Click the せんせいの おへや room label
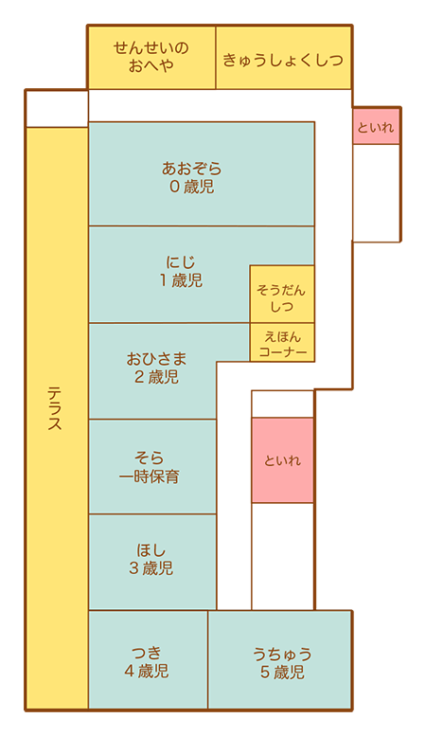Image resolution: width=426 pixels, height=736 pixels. pyautogui.click(x=151, y=56)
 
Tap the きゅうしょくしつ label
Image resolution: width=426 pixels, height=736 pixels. pyautogui.click(x=283, y=60)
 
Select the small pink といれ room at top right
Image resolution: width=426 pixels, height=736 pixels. pyautogui.click(x=376, y=126)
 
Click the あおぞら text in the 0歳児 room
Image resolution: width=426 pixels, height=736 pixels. pyautogui.click(x=191, y=168)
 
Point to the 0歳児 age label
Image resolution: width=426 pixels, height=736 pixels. pyautogui.click(x=191, y=187)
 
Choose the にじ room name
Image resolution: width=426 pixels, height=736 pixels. pyautogui.click(x=181, y=262)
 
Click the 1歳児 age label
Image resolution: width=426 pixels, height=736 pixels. pyautogui.click(x=181, y=280)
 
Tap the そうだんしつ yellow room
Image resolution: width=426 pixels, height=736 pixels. pyautogui.click(x=282, y=295)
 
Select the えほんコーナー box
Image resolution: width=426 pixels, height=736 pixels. pyautogui.click(x=282, y=343)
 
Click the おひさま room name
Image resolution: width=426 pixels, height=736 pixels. pyautogui.click(x=156, y=359)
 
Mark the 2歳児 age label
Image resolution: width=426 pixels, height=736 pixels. pyautogui.click(x=156, y=377)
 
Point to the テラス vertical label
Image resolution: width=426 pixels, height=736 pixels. pyautogui.click(x=55, y=407)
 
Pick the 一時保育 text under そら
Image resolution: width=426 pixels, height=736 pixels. pyautogui.click(x=150, y=476)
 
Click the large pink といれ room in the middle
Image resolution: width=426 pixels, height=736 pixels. pyautogui.click(x=282, y=460)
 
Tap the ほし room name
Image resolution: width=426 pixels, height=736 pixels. pyautogui.click(x=151, y=549)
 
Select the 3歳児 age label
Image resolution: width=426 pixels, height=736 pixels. pyautogui.click(x=151, y=568)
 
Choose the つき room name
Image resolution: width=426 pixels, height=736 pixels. pyautogui.click(x=147, y=653)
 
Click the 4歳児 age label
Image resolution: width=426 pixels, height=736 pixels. pyautogui.click(x=147, y=671)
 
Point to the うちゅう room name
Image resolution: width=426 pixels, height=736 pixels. pyautogui.click(x=282, y=654)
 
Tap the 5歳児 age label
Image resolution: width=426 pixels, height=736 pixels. pyautogui.click(x=282, y=673)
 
